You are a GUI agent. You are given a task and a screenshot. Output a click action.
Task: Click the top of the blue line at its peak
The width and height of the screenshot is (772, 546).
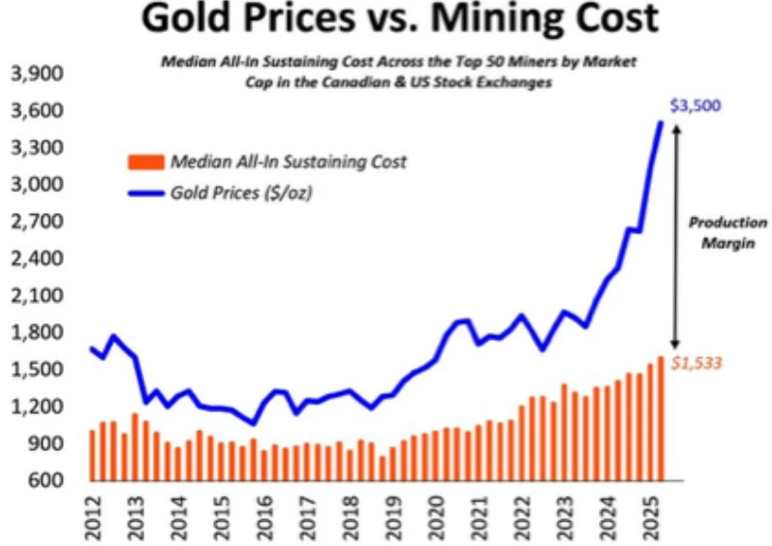[x=661, y=123]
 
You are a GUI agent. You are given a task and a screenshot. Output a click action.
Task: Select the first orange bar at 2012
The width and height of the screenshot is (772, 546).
[x=92, y=455]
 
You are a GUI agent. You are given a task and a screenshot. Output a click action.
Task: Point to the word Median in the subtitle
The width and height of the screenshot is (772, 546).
[x=188, y=62]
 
